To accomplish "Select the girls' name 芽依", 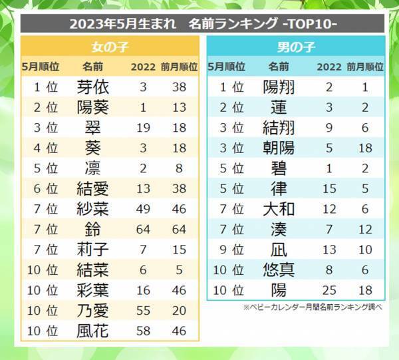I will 93,87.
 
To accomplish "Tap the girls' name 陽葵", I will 93,106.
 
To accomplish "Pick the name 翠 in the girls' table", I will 93,126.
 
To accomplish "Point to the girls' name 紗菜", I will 93,208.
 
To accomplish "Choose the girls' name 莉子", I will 93,248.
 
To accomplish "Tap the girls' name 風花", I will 93,329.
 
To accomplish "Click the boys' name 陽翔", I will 279,87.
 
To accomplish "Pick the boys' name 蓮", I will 279,106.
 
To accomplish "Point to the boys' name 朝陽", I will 279,147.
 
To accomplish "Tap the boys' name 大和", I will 279,208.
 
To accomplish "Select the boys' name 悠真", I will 279,269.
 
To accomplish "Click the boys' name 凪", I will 279,248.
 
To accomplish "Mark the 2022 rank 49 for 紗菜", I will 142,208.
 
